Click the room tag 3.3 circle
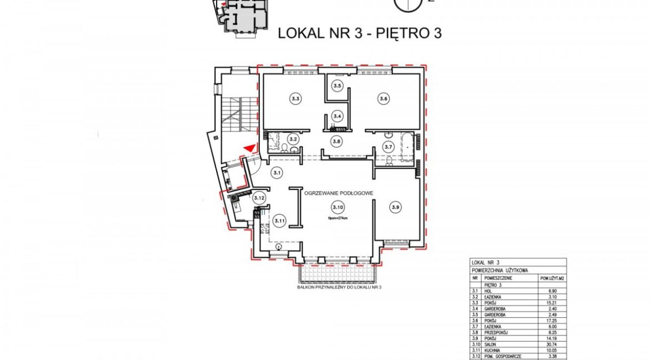coord(295,99)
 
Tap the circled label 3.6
coord(383,99)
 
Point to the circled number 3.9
coord(396,208)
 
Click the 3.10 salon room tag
coord(337,208)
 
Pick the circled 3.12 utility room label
coord(258,198)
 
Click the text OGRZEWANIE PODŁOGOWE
coord(338,192)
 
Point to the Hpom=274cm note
coord(338,218)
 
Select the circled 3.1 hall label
coord(276,173)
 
